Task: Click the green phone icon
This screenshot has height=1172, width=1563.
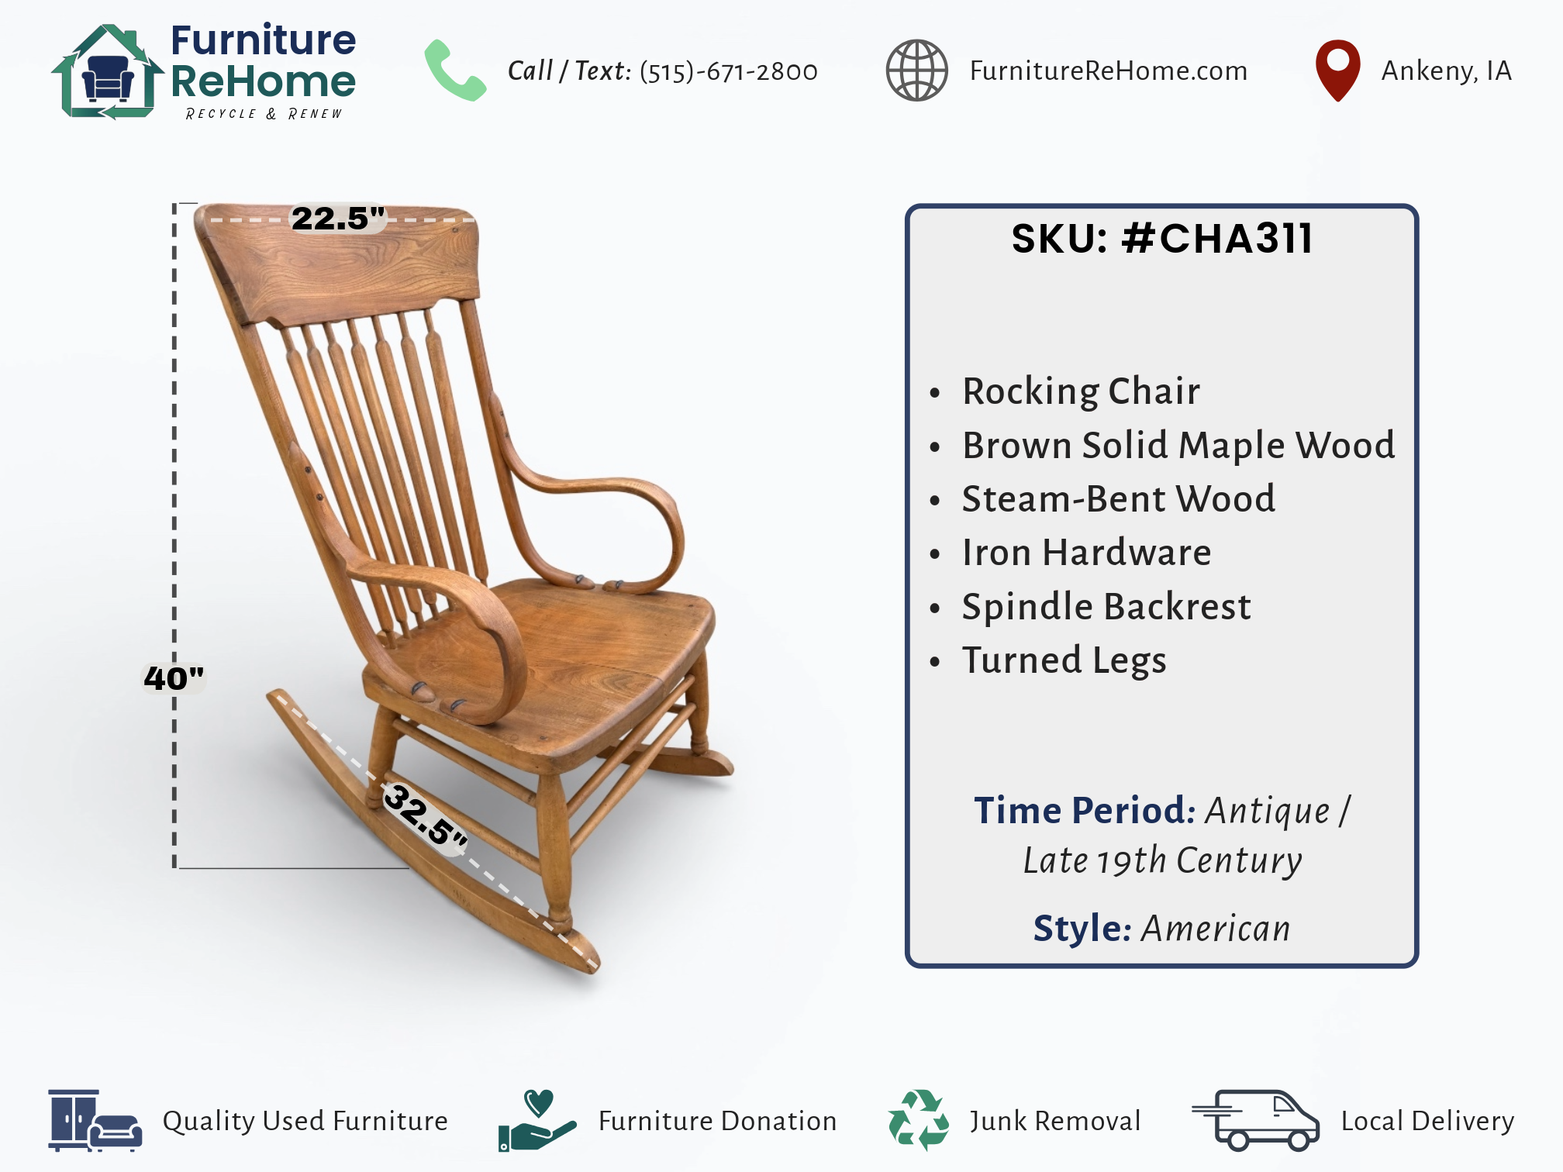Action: coord(455,71)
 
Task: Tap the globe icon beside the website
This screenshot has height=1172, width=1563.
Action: coord(916,71)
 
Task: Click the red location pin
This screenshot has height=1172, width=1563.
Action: coord(1337,71)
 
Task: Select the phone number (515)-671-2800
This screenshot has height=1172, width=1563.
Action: coord(728,71)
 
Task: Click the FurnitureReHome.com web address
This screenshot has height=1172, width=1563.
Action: coord(1109,71)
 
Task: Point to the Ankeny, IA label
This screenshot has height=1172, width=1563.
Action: coord(1447,71)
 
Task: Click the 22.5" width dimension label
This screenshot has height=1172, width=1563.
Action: coord(338,218)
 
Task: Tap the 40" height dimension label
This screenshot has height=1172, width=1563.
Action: coord(174,678)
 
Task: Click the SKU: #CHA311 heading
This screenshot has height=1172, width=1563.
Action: coord(1162,238)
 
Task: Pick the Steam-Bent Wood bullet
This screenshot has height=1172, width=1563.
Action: coord(1118,498)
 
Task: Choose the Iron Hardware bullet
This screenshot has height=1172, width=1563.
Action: coord(1086,553)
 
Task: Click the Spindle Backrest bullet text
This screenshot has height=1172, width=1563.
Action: coord(1106,606)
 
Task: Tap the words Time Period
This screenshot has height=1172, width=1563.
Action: coord(1085,810)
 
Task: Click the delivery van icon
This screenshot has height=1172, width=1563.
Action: coord(1255,1120)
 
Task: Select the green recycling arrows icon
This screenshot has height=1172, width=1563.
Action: coord(918,1120)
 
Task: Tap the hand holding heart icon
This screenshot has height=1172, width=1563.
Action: coord(537,1120)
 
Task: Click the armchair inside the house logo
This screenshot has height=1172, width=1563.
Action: coord(108,78)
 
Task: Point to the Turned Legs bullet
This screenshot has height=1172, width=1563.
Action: coord(1064,660)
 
